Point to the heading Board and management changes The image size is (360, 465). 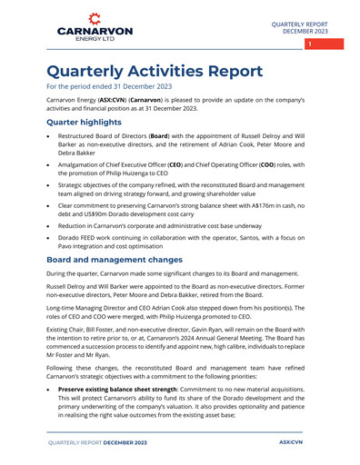point(125,261)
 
